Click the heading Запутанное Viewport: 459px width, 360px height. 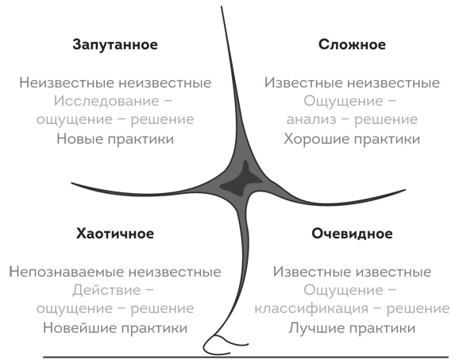click(x=115, y=45)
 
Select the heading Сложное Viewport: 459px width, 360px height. click(x=352, y=45)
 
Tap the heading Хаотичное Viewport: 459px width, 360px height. click(x=115, y=234)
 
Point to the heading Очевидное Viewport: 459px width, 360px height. click(x=352, y=234)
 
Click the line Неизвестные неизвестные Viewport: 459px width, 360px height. click(x=115, y=83)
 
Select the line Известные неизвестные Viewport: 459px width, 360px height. click(x=352, y=83)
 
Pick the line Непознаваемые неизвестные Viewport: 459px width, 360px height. click(x=115, y=272)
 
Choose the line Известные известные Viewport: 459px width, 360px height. click(x=352, y=272)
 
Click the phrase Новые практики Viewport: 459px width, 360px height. click(x=115, y=139)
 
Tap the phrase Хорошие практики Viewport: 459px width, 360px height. click(x=352, y=139)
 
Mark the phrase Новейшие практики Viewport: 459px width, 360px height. click(x=115, y=327)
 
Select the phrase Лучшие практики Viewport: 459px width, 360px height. click(x=352, y=327)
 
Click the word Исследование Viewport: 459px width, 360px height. click(x=106, y=102)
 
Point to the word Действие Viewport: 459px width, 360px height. click(x=106, y=290)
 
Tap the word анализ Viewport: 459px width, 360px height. click(x=311, y=120)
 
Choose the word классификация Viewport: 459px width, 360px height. click(x=311, y=308)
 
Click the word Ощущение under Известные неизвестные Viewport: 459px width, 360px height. click(x=343, y=102)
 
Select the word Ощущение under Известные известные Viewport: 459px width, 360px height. click(x=343, y=291)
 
